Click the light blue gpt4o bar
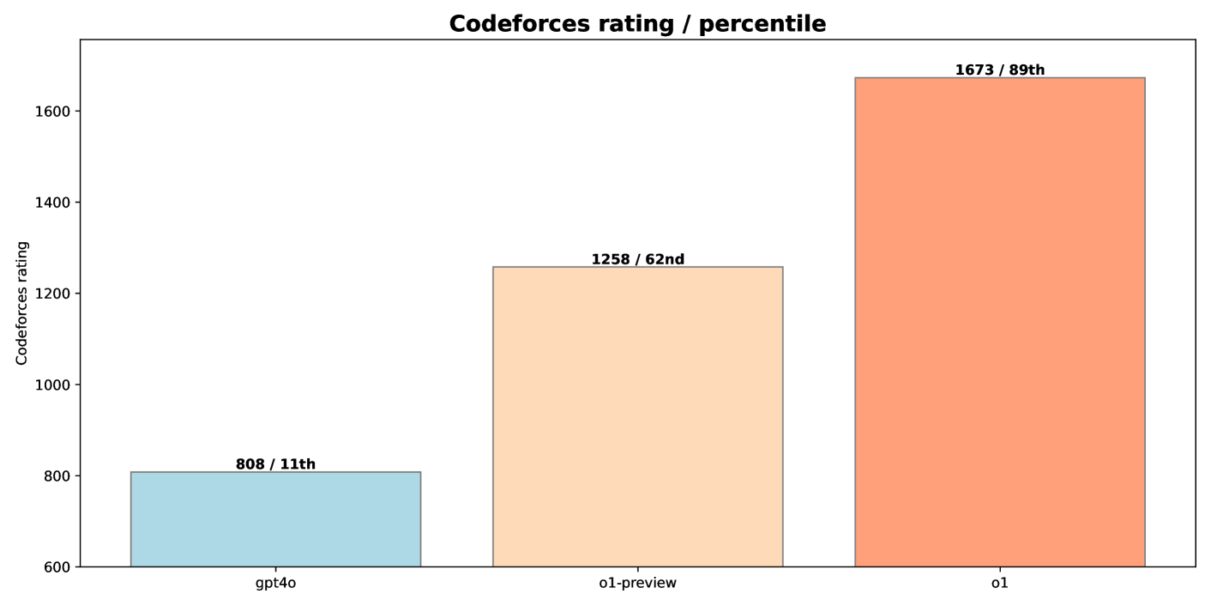[x=275, y=519]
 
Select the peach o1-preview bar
[x=637, y=416]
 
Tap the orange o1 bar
[x=999, y=322]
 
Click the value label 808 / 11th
[x=275, y=464]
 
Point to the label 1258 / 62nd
[x=637, y=259]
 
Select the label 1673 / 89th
[x=999, y=70]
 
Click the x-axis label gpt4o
[x=275, y=584]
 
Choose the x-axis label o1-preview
[x=637, y=584]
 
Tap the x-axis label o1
[x=999, y=584]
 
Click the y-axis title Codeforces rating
[x=22, y=303]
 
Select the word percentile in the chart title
[x=762, y=24]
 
